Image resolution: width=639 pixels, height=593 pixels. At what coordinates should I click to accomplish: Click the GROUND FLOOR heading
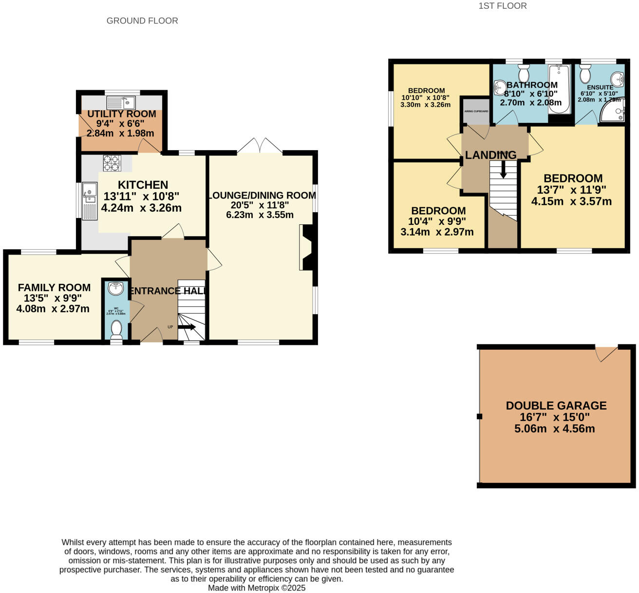[x=142, y=20]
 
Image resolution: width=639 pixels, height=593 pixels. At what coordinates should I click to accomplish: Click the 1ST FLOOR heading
[x=503, y=6]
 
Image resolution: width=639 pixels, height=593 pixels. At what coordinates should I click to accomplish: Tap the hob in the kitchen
[x=112, y=163]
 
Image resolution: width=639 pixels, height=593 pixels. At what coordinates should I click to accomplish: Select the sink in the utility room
[x=121, y=102]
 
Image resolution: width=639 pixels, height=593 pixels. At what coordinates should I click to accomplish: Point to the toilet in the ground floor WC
[x=116, y=329]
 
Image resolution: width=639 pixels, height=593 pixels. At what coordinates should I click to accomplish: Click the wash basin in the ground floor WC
[x=116, y=288]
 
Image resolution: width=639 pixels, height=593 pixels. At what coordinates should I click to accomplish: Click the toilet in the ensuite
[x=585, y=75]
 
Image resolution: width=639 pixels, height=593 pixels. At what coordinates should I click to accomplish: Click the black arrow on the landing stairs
[x=503, y=169]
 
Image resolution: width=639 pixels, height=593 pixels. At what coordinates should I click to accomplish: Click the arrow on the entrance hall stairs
[x=188, y=327]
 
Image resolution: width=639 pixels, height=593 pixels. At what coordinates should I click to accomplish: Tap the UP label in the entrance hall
[x=170, y=327]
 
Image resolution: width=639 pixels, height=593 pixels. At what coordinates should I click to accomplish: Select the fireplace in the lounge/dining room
[x=308, y=247]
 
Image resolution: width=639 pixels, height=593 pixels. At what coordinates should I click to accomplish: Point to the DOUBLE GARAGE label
[x=556, y=406]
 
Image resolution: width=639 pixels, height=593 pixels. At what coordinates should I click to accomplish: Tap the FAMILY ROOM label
[x=54, y=288]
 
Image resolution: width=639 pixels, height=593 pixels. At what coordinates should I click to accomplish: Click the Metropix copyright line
[x=257, y=588]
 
